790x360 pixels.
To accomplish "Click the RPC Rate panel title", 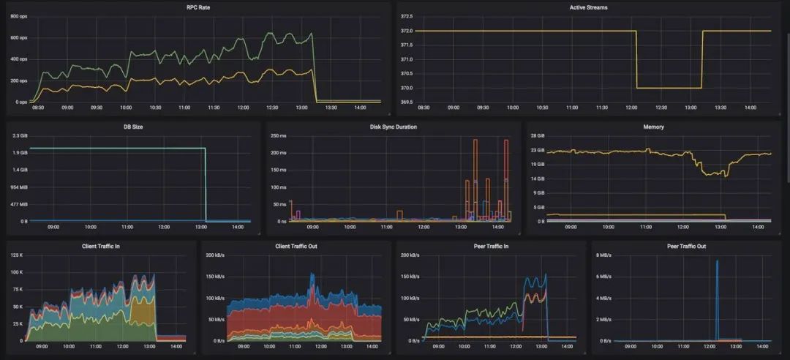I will [197, 7].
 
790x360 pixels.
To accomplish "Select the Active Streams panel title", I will [588, 7].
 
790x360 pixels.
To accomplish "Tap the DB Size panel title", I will [132, 127].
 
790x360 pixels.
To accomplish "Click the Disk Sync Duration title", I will [394, 127].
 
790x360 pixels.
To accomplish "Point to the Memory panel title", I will [653, 127].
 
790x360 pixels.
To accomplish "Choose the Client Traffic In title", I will [101, 246].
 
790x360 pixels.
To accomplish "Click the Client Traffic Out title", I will [296, 246].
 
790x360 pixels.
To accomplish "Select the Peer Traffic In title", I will [490, 246].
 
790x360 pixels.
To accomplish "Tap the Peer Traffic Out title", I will [685, 246].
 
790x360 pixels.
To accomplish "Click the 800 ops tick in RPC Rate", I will [18, 16].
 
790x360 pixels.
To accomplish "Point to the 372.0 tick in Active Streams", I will [407, 31].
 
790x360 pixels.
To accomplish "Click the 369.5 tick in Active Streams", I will [407, 102].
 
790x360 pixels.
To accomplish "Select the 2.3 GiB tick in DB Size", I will [20, 135].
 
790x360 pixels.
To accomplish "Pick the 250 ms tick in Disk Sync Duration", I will [279, 135].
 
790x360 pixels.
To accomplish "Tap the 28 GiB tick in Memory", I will [538, 135].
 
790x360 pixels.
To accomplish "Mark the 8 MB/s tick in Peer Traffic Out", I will [603, 255].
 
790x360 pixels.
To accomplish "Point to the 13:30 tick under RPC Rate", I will [331, 108].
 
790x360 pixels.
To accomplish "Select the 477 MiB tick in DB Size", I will [20, 203].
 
